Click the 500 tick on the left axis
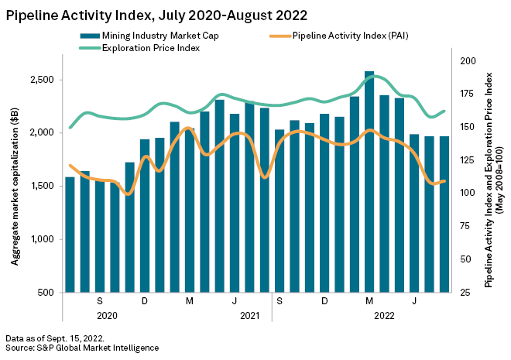point(45,293)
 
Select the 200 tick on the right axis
point(468,60)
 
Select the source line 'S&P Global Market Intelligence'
point(81,348)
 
